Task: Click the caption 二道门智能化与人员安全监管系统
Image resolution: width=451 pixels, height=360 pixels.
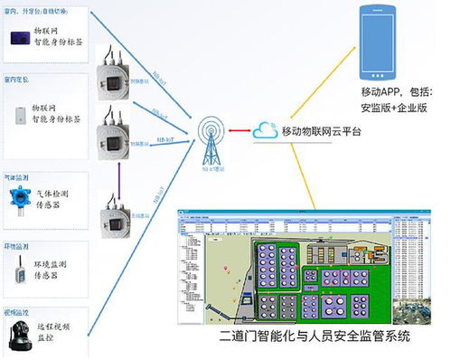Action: (314, 336)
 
